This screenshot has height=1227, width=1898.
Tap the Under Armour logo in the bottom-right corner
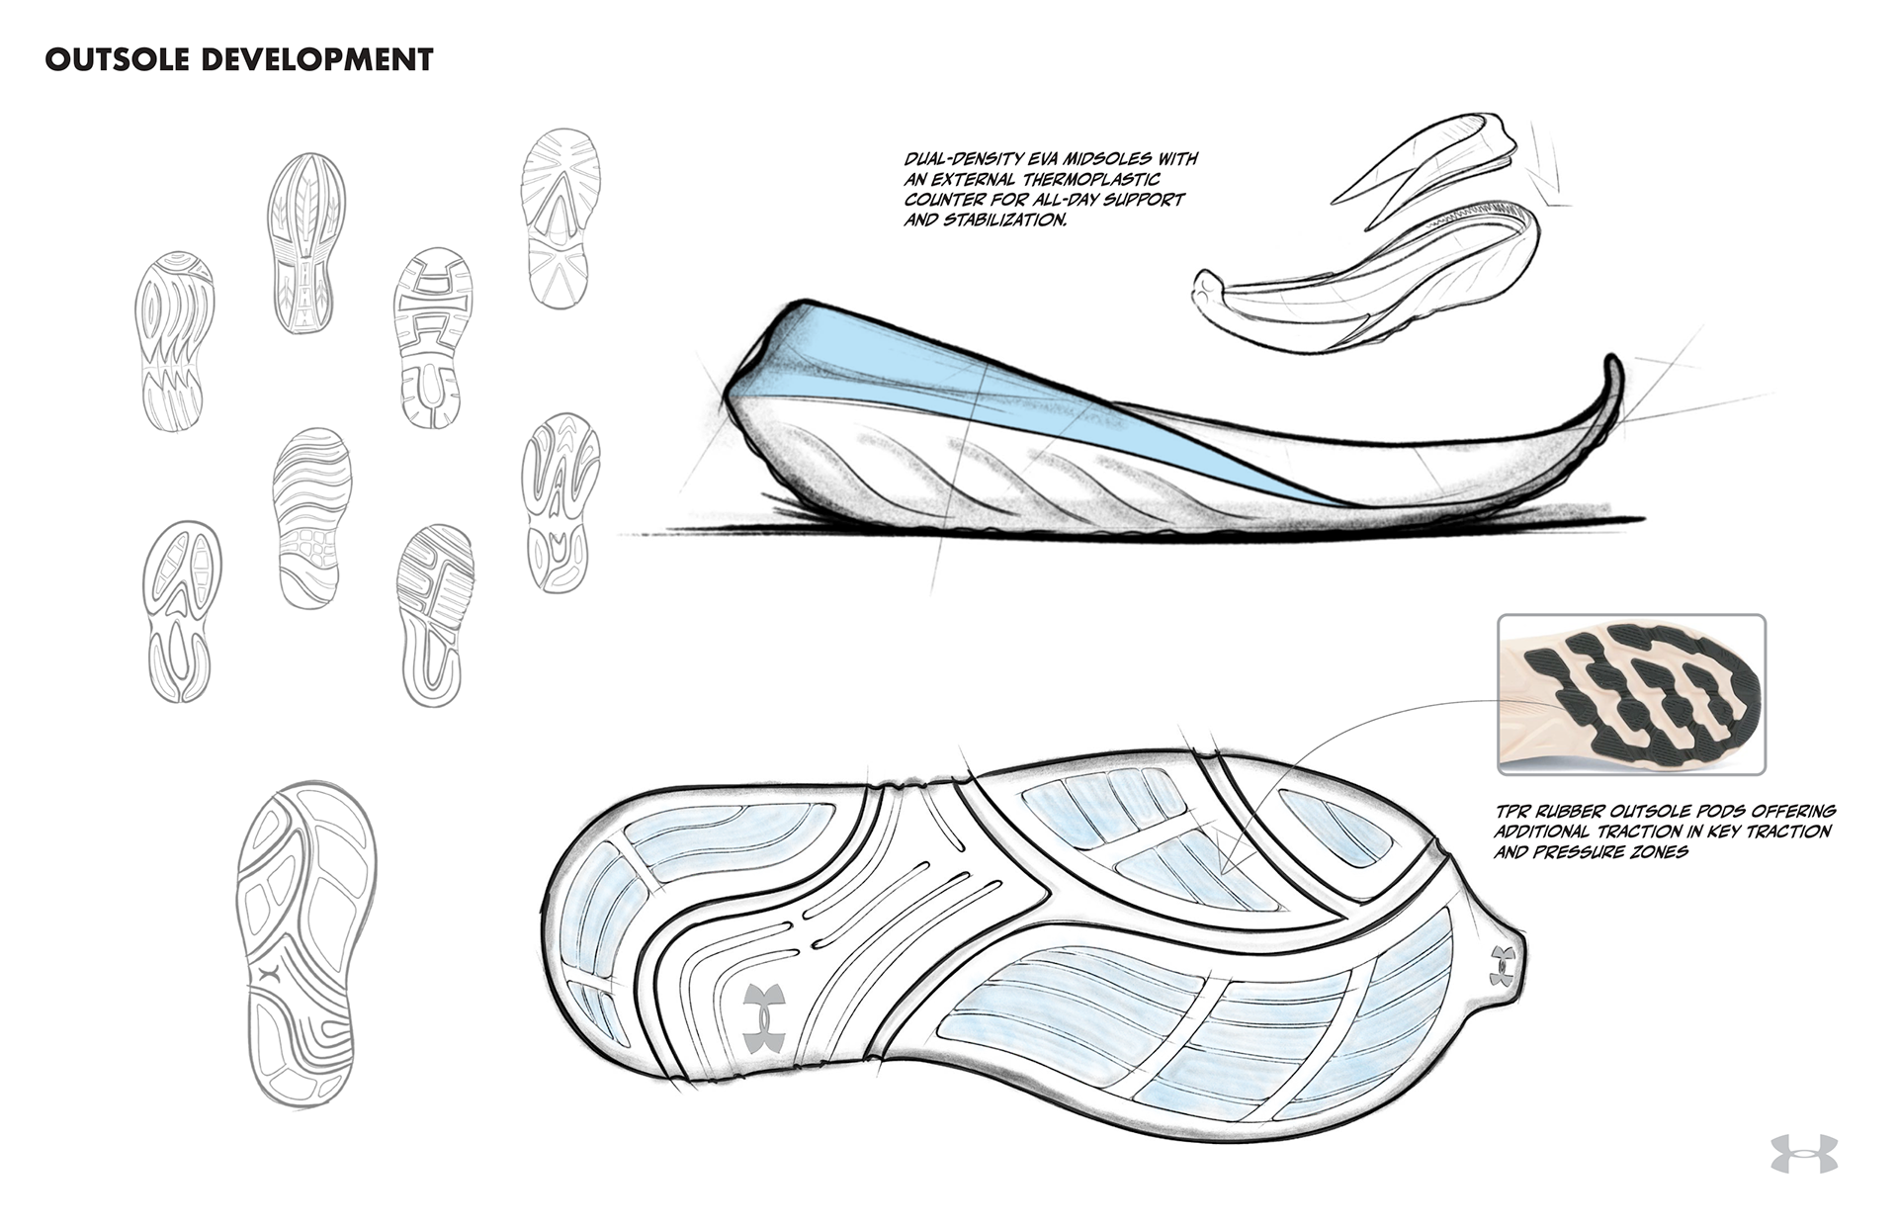tap(1803, 1154)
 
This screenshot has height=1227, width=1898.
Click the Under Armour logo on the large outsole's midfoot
tap(764, 1017)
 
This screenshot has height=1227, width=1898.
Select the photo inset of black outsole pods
tap(1631, 694)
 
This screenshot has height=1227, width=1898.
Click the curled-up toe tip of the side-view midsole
tap(1611, 381)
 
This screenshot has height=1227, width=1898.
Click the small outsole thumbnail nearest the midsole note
tap(561, 218)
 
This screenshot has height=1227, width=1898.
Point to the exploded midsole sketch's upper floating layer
tap(1423, 158)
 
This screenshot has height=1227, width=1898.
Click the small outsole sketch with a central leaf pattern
tap(306, 242)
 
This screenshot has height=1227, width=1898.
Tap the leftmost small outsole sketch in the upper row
tap(175, 340)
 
